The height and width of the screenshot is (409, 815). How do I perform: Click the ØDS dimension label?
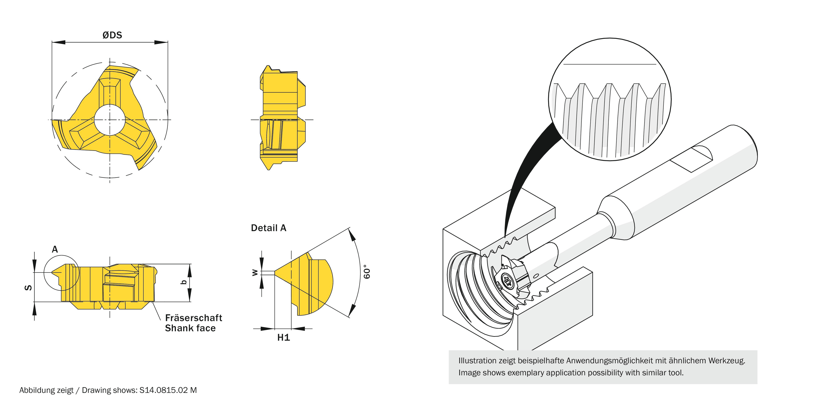point(112,35)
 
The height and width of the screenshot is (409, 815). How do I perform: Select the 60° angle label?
point(367,272)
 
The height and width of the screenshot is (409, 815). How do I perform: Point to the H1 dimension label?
point(284,338)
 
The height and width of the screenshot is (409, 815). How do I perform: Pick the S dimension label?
point(28,287)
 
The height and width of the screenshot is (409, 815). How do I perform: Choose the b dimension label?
point(184,282)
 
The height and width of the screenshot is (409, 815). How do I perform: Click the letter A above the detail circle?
point(55,249)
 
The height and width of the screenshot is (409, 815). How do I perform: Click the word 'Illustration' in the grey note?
point(477,361)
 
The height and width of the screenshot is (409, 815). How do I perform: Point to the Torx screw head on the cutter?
point(507,280)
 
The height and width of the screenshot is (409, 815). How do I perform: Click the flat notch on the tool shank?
point(691,160)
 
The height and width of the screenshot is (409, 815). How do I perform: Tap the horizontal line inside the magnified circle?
point(610,64)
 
